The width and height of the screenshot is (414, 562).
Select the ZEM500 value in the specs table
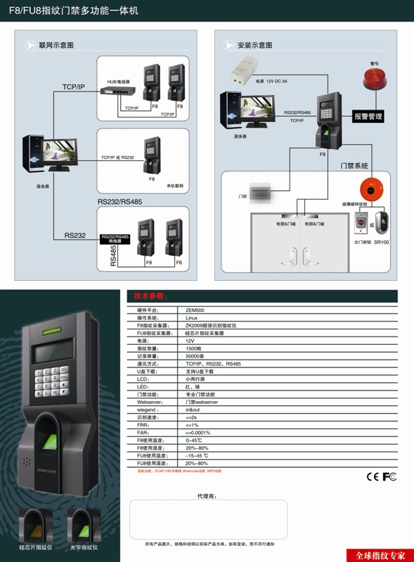point(194,310)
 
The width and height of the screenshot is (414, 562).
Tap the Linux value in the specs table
point(192,318)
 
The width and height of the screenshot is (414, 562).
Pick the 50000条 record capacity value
point(195,356)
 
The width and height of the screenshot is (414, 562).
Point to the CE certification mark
point(373,477)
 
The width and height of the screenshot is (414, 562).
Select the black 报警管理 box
point(368,117)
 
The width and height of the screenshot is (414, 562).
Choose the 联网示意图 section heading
point(56,45)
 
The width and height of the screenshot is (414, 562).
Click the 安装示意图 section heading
point(254,45)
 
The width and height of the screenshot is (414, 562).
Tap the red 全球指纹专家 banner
point(380,555)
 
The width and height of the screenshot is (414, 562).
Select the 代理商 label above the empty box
point(207,496)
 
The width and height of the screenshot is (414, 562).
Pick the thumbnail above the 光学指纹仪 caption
point(84,524)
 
